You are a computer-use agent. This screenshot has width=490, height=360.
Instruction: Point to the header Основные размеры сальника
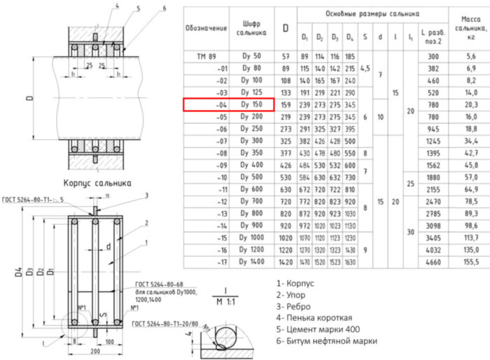pyautogui.click(x=372, y=13)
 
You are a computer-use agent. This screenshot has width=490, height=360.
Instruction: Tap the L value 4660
pyautogui.click(x=433, y=262)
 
